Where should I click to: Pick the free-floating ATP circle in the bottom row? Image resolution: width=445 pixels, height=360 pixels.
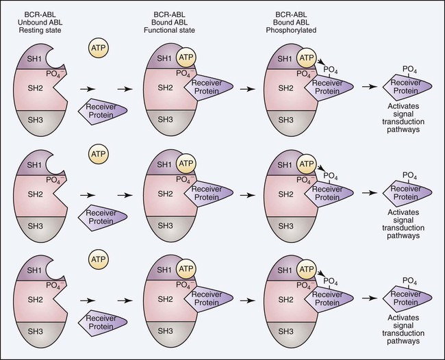pos(97,261)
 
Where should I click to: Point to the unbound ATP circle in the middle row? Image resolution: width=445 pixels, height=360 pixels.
pos(97,154)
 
